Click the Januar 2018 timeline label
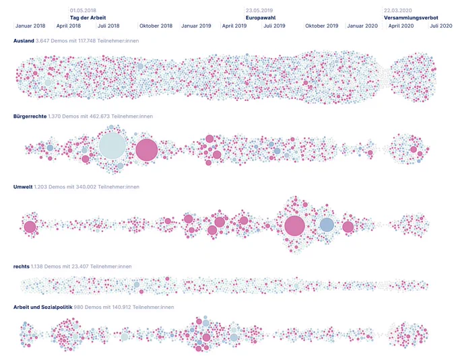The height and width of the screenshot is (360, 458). [x=30, y=26]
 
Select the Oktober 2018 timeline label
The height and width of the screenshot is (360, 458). [x=156, y=26]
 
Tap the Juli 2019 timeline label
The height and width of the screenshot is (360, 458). [x=274, y=26]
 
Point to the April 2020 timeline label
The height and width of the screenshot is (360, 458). [x=401, y=26]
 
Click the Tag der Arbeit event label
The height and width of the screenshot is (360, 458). [x=88, y=17]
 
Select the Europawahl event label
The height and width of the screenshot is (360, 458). [x=261, y=17]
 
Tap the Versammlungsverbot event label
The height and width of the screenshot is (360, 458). [x=411, y=17]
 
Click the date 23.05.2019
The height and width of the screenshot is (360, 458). [x=259, y=11]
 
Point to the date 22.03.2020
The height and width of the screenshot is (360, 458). [x=398, y=11]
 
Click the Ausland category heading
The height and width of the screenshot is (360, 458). [x=24, y=41]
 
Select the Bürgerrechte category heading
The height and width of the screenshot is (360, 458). [x=30, y=116]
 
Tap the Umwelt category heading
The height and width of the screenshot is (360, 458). [x=23, y=186]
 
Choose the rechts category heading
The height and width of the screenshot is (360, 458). [x=22, y=266]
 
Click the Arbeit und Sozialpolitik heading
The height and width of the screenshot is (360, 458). [x=42, y=308]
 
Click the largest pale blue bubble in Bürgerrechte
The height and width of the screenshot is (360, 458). [x=112, y=146]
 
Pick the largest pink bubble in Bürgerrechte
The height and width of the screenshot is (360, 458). [x=147, y=150]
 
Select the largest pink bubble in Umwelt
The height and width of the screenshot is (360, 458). [x=295, y=226]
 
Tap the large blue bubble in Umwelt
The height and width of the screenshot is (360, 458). [x=327, y=225]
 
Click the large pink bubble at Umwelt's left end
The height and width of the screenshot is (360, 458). [x=30, y=227]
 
